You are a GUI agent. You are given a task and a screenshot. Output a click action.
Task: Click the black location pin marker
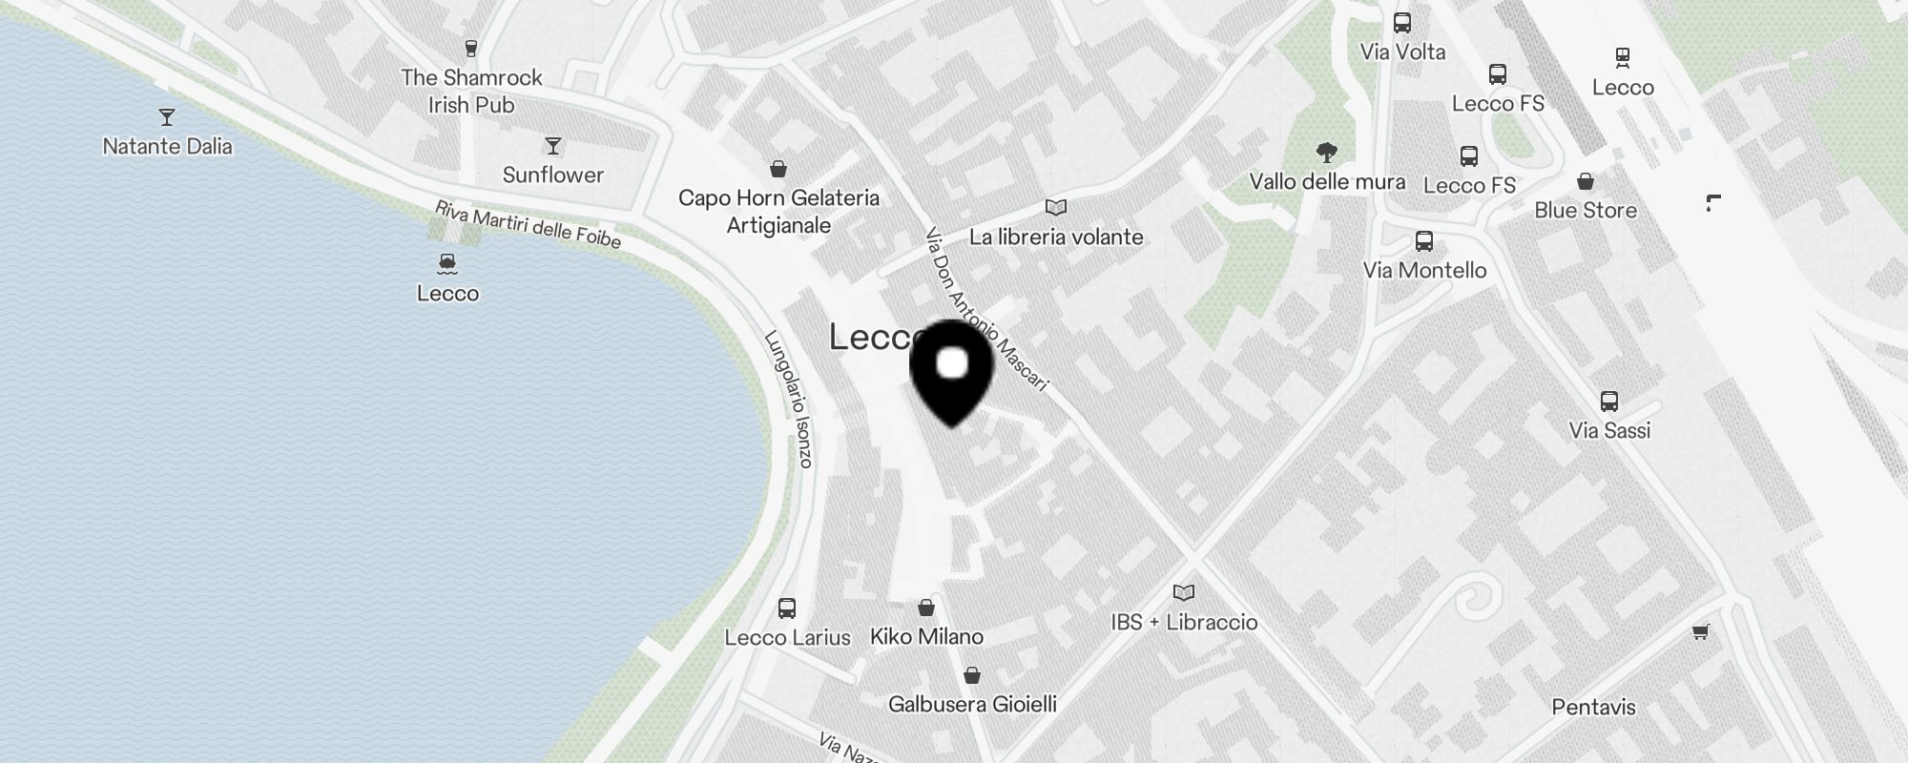[x=952, y=372]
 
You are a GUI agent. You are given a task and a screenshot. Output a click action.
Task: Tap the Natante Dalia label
[x=168, y=146]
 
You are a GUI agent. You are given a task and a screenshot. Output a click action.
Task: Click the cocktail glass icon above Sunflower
[x=553, y=146]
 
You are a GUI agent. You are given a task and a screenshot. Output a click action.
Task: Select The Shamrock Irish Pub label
[x=471, y=91]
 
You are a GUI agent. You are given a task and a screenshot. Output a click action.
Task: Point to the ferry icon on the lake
[x=447, y=264]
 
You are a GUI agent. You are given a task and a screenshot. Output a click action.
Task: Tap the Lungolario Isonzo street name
[x=789, y=399]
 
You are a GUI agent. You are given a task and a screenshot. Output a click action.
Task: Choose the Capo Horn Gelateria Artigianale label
[x=778, y=211]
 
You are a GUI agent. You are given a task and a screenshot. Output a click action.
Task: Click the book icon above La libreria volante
[x=1055, y=207]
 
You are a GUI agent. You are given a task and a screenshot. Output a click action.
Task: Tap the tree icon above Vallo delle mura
[x=1326, y=152]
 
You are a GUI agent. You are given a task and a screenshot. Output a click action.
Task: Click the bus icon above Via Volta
[x=1402, y=23]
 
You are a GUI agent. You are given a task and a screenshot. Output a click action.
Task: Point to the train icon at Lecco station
[x=1622, y=57]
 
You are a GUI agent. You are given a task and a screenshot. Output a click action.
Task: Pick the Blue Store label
[x=1586, y=210]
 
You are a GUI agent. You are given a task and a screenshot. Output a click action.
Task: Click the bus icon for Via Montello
[x=1424, y=241]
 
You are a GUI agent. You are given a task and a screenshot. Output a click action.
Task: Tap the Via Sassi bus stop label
[x=1609, y=430]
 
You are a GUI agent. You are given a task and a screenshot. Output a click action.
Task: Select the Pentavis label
[x=1593, y=707]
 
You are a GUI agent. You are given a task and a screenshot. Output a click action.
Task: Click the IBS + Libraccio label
[x=1184, y=622]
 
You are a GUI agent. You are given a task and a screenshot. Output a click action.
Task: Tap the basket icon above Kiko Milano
[x=925, y=608]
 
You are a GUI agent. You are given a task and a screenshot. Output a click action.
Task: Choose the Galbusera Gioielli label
[x=972, y=704]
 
